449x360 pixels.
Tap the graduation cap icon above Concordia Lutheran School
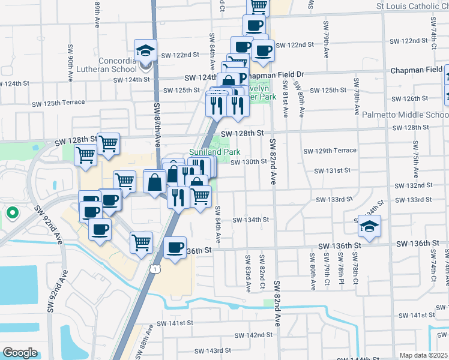(146, 50)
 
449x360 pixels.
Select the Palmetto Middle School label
(405, 115)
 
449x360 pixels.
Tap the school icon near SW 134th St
(370, 227)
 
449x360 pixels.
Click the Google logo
(20, 353)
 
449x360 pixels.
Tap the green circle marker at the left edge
(11, 212)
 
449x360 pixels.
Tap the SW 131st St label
(333, 171)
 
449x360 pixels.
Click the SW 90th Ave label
(70, 63)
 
